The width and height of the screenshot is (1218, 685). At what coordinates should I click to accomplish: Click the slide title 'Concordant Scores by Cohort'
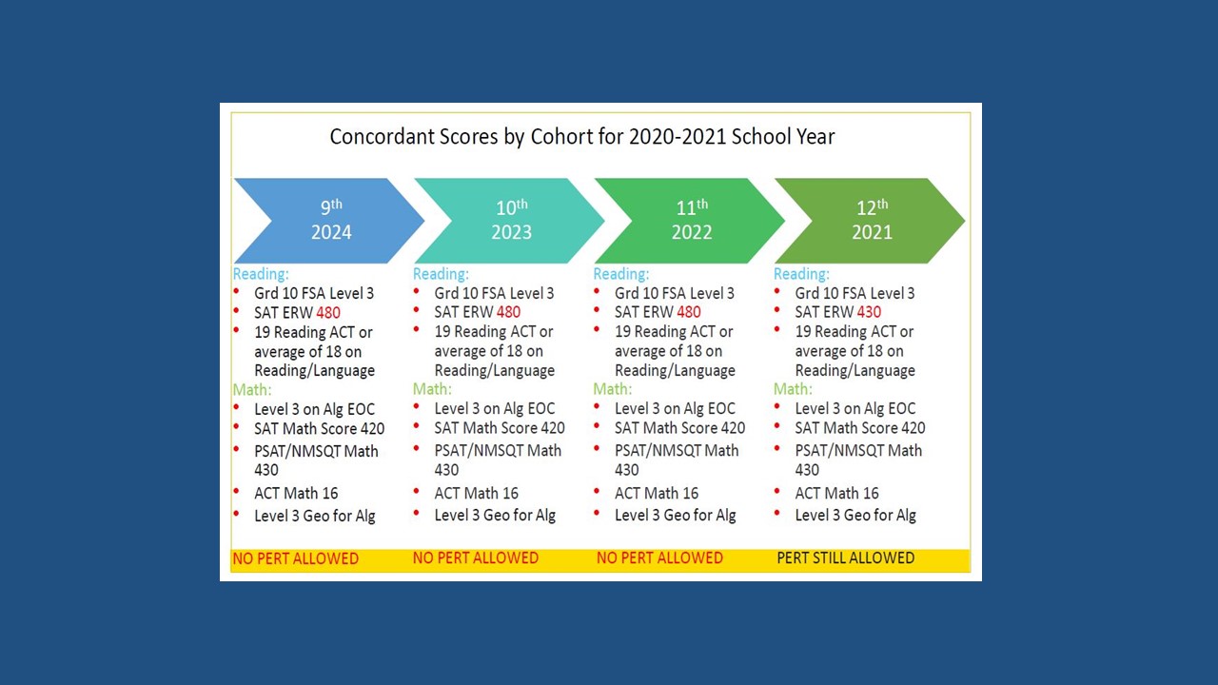pos(581,136)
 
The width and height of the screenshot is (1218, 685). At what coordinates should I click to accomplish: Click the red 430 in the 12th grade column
pos(868,312)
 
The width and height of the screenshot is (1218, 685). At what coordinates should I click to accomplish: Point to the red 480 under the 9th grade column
pos(327,312)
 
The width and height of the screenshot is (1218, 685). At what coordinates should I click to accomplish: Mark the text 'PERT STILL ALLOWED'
pos(845,558)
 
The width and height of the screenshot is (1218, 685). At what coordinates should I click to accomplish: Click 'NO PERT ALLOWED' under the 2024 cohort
pos(295,558)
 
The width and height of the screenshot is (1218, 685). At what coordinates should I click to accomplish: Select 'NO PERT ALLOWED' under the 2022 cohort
pos(659,558)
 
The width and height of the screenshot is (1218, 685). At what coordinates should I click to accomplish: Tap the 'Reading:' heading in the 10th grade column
pos(441,274)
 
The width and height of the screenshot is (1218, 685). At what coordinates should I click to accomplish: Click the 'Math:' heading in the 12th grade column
pos(793,389)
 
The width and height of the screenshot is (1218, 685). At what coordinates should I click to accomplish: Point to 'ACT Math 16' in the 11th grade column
pos(656,493)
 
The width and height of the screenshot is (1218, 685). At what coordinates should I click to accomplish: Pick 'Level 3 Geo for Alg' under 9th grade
pos(314,516)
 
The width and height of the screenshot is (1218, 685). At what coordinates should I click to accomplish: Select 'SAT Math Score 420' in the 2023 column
pos(499,428)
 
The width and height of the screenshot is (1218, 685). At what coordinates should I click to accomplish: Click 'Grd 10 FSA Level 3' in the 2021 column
pos(855,293)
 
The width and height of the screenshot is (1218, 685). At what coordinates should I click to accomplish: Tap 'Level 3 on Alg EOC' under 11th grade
pos(675,408)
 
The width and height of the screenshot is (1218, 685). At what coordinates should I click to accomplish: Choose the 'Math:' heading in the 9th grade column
pos(252,389)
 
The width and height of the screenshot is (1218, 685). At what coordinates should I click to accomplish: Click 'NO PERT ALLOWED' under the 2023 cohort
pos(476,558)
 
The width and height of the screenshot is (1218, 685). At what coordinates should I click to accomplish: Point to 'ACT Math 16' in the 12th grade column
pos(836,493)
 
